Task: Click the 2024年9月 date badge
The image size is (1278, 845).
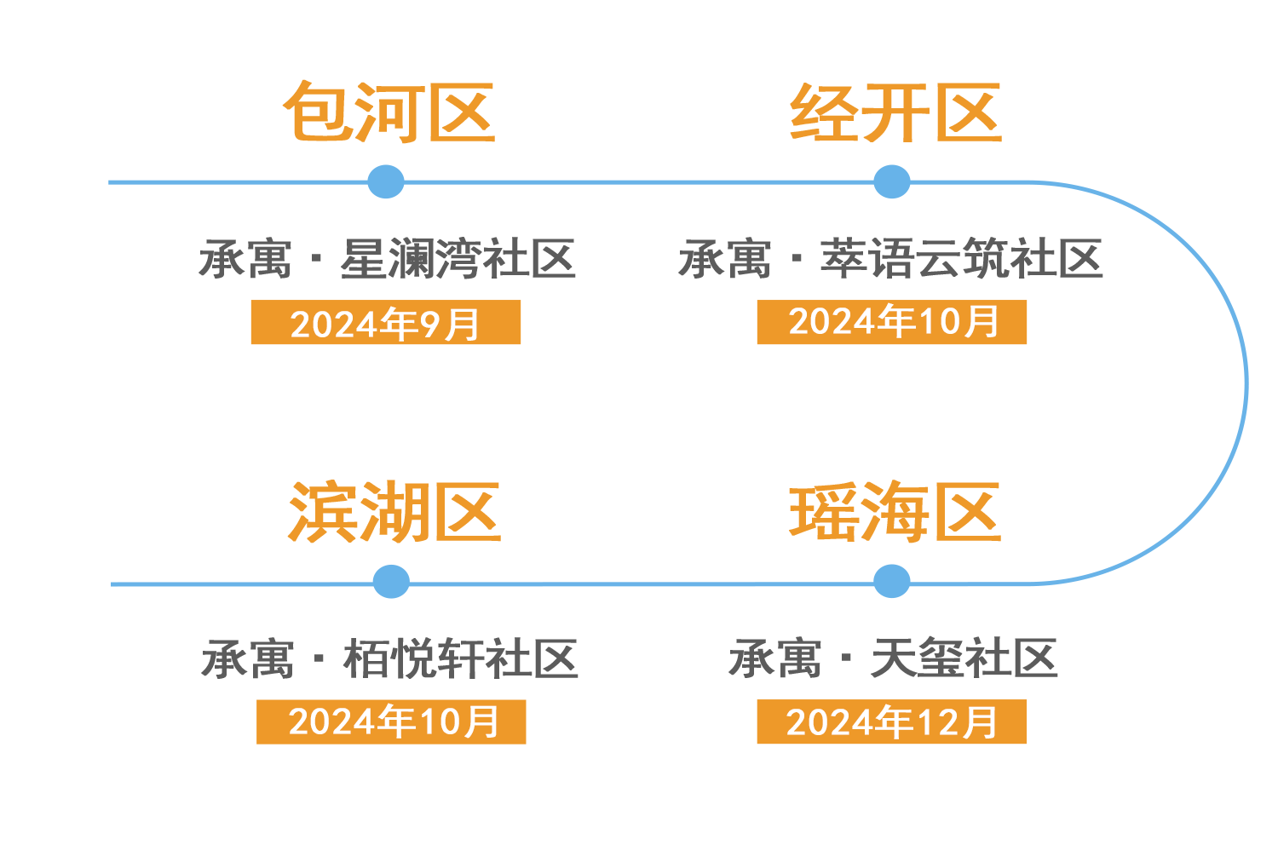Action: (x=385, y=323)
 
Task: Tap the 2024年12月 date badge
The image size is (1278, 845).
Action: (x=891, y=721)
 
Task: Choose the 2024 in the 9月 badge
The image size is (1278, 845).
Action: (x=334, y=325)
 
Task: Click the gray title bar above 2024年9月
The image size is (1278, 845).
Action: (x=388, y=258)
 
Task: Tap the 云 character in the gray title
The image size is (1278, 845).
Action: (x=934, y=258)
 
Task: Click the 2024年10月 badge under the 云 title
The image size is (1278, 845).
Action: (x=891, y=322)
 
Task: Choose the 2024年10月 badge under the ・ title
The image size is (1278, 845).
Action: (x=391, y=721)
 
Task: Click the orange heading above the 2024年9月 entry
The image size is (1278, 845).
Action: (x=389, y=112)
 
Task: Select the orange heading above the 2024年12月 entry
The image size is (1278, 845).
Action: (x=895, y=511)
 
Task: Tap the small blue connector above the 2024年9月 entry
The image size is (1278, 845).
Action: (x=386, y=171)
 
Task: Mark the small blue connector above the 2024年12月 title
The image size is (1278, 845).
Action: (x=892, y=587)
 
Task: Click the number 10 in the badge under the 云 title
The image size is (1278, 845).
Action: (x=940, y=322)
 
